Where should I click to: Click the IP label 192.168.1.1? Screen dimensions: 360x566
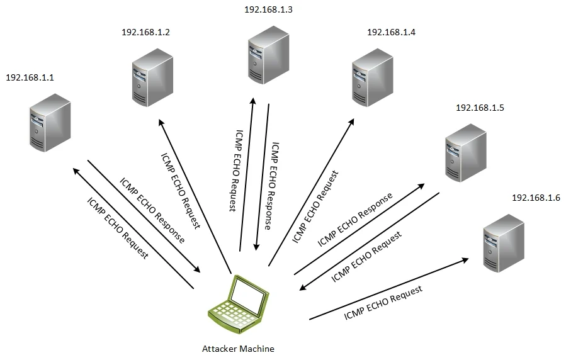click(30, 77)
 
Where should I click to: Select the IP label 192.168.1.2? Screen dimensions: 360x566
click(146, 32)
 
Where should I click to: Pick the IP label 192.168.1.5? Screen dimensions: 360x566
click(480, 108)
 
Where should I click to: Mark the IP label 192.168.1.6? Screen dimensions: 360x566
click(536, 198)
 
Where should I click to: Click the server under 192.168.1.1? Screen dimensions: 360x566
click(50, 123)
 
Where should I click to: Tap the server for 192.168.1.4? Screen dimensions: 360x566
click(373, 77)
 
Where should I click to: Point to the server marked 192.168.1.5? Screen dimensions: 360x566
click(465, 153)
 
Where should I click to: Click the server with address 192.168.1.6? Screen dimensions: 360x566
click(503, 242)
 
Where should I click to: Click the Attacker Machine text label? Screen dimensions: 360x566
click(238, 348)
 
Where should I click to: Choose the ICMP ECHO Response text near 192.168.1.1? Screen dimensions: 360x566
click(152, 211)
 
